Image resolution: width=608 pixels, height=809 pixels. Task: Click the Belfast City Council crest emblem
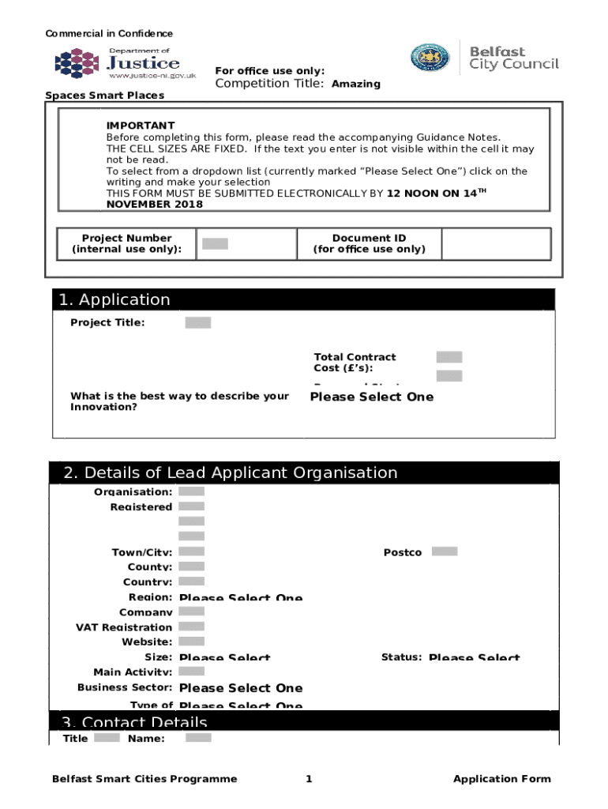point(430,58)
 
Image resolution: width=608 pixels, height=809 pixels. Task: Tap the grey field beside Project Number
point(215,244)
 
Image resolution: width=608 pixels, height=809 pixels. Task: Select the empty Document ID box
point(496,244)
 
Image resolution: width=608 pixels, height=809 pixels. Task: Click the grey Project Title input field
point(198,322)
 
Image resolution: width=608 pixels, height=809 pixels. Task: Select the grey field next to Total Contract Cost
point(449,357)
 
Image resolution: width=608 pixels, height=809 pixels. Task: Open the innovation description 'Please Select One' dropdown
point(371,397)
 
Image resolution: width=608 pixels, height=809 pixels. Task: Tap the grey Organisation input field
point(192,491)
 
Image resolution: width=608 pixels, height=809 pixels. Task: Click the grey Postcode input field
point(445,551)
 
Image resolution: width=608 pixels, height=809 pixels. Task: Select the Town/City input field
point(192,551)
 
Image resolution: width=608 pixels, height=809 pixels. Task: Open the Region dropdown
point(241,598)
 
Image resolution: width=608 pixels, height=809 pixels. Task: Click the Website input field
point(192,642)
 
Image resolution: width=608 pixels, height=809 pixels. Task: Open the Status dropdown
point(474,657)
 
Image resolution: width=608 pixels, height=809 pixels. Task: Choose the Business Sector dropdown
point(241,688)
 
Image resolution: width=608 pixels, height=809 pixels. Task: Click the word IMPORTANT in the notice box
point(141,126)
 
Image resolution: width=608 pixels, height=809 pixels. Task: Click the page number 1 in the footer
point(309,779)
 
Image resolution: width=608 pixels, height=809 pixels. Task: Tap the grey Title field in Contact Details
point(107,738)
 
